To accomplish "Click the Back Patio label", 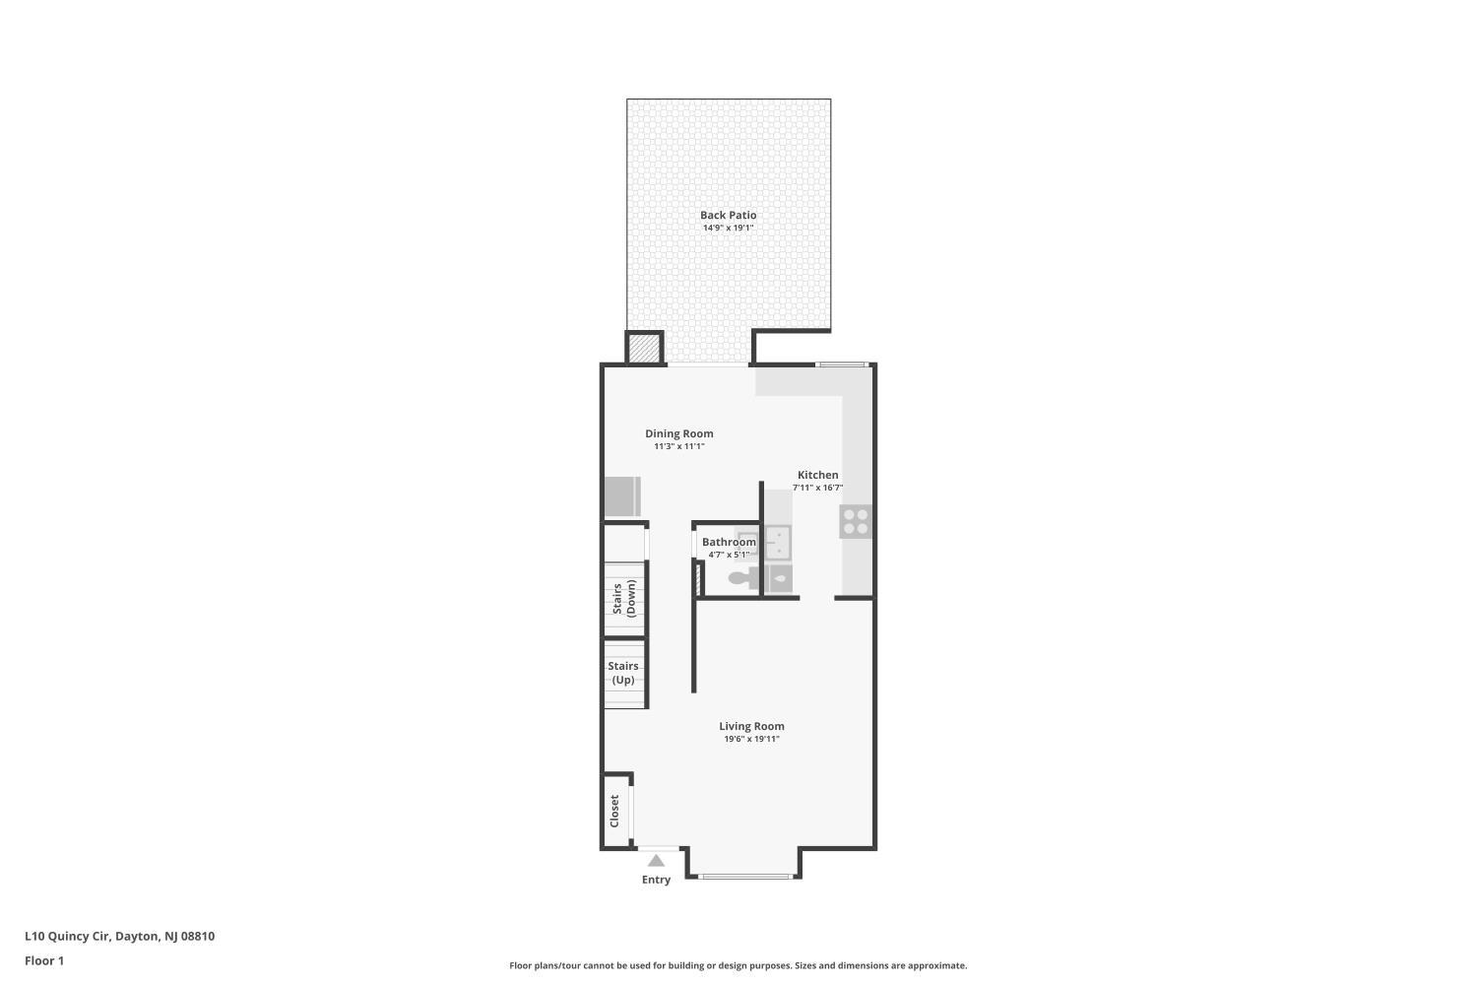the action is coord(728,215).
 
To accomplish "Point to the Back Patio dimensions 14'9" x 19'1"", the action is coord(728,229).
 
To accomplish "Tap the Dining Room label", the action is coord(679,433).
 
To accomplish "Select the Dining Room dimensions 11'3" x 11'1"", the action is coord(679,446).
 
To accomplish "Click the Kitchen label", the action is coord(817,475).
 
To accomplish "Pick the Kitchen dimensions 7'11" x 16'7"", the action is coord(817,489).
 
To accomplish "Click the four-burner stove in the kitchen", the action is coord(856,522).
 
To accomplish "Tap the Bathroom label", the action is coord(729,543).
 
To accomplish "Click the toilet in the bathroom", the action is coord(743,579).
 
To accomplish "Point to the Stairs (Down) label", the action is coord(624,598).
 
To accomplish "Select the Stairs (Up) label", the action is coord(623,673).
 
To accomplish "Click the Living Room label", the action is coord(751,726).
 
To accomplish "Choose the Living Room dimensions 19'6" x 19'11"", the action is coord(751,740).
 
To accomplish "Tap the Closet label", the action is coord(614,812).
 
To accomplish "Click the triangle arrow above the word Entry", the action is coord(656,860).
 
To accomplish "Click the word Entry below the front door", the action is coord(656,881).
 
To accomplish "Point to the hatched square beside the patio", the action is coord(644,349).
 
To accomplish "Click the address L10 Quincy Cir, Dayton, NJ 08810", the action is coord(120,937).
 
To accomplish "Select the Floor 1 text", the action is coord(44,961).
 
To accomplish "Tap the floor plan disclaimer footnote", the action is coord(738,966).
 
